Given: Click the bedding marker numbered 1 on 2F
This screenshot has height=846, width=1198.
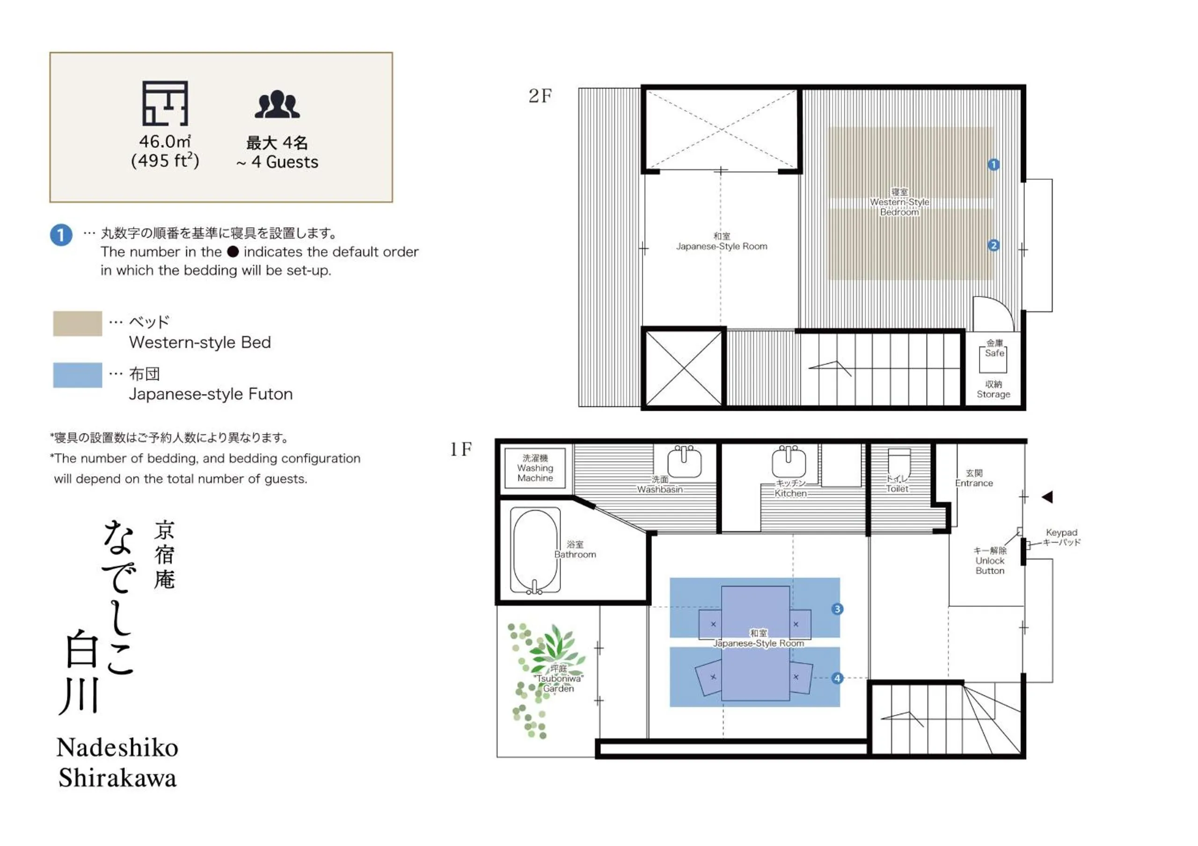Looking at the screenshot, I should coord(993,165).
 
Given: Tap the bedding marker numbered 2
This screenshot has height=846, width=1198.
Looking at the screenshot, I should coord(993,245).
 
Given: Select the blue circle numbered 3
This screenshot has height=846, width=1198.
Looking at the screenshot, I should coord(838,609).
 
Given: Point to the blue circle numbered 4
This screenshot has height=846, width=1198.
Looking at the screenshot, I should coord(838,678).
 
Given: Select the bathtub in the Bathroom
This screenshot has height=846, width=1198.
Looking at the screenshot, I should coord(535,551).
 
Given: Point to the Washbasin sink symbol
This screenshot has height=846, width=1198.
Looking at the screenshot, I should coord(684,461).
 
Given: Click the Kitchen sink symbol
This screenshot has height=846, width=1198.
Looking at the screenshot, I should coord(789,461).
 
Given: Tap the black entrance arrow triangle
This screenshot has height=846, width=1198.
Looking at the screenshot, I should coord(1047,497).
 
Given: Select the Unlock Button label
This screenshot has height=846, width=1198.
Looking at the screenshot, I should coord(990,561).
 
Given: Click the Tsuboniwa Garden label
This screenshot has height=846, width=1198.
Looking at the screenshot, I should coord(558,679).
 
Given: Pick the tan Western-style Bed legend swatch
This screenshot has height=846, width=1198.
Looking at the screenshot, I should coord(77,323).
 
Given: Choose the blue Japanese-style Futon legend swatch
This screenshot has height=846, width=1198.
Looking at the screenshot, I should coord(77,375).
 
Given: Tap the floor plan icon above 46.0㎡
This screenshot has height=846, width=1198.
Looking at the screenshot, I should coord(165,103).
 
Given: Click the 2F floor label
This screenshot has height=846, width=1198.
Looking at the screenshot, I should coord(540,96).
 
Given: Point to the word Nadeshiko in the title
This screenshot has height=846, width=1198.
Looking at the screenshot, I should coord(117,747).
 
